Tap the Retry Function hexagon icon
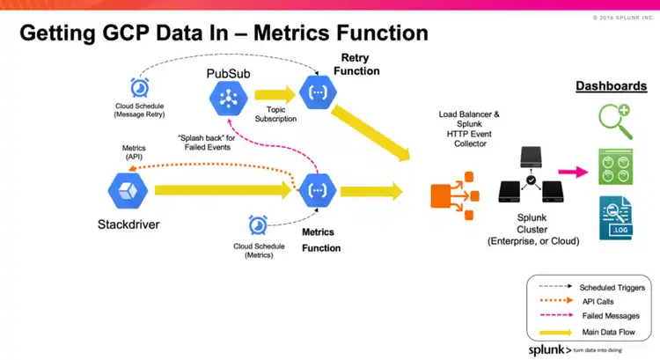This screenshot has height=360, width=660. (317, 92)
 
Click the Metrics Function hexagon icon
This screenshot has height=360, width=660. (317, 191)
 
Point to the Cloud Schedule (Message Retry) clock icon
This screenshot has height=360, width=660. (139, 88)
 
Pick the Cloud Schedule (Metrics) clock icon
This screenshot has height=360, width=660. (258, 226)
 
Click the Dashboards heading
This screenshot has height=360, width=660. (611, 86)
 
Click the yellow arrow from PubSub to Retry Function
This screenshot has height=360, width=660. (274, 95)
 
